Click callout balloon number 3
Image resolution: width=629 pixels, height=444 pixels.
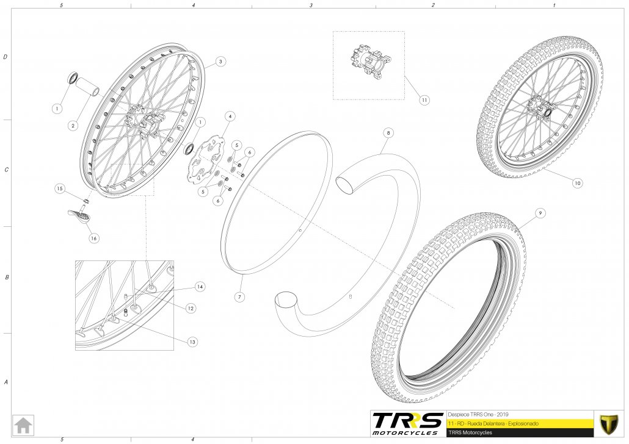(220, 62)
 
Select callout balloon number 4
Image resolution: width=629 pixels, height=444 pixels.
(230, 116)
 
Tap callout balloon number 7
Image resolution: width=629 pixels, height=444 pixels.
(239, 297)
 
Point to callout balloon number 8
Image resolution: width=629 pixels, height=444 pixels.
(388, 132)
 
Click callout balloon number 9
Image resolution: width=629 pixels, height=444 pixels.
(540, 213)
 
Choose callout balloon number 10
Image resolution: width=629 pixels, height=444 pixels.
(577, 183)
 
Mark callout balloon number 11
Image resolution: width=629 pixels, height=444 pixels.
(424, 100)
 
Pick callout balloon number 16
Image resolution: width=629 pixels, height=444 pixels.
(93, 238)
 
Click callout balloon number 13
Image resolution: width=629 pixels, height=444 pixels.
(192, 342)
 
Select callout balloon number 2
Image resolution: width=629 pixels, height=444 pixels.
(73, 126)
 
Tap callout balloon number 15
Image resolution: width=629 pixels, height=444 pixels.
(60, 188)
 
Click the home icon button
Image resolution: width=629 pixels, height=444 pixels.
(23, 425)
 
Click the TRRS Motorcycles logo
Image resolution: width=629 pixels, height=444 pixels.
(407, 424)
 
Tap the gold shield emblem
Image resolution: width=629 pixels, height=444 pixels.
(609, 424)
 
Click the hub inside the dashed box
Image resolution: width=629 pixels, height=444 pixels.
(368, 62)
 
